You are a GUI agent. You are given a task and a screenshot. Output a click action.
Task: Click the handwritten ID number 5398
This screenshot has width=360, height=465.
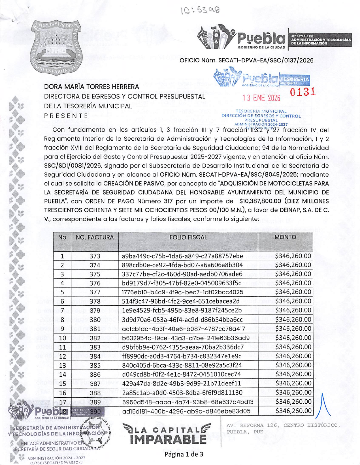[x=200, y=10]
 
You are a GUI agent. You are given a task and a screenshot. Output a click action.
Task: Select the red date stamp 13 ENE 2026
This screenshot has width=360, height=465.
[x=261, y=98]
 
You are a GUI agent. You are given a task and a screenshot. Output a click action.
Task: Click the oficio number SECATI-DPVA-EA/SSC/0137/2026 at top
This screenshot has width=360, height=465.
[x=246, y=60]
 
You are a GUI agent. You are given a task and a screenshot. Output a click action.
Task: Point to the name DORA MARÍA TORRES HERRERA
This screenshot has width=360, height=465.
[x=91, y=87]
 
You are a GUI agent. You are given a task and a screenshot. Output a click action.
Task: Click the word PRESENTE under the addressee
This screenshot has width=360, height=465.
[x=66, y=116]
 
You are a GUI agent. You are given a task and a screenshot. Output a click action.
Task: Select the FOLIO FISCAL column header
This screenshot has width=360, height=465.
[x=188, y=237]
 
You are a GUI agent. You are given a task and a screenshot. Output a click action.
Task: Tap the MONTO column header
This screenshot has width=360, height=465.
[x=285, y=237]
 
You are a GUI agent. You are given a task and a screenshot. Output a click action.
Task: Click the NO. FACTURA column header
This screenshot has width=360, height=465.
[x=95, y=237]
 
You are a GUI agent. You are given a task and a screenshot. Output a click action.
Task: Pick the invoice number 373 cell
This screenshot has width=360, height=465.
[x=95, y=256]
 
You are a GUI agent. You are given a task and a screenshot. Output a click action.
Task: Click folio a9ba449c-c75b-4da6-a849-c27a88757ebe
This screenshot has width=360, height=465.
[x=182, y=256]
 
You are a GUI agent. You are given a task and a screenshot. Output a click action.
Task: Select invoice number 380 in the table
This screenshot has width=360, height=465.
[x=95, y=320]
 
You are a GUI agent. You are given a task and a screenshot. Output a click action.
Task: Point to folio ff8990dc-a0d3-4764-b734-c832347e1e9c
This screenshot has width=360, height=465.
[x=182, y=356]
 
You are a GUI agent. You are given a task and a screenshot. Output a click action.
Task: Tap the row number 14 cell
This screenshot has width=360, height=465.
[x=62, y=374]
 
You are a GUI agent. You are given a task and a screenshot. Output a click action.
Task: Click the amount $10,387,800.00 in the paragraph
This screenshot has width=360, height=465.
[x=260, y=201]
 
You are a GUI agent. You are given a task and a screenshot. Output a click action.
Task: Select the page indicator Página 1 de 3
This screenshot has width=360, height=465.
[x=184, y=454]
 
